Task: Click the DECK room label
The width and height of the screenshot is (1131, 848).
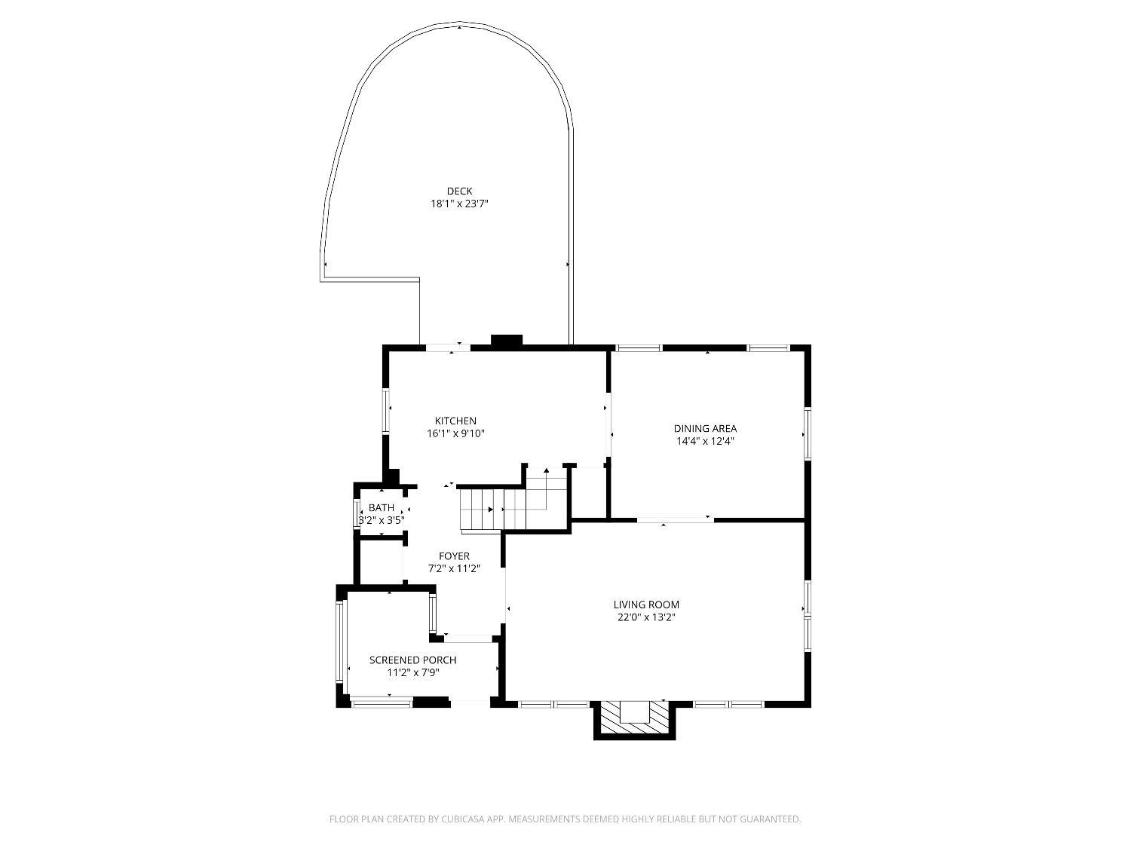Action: tap(459, 191)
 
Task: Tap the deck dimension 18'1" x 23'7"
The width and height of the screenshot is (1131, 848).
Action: tap(459, 204)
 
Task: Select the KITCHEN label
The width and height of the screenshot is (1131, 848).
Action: tap(455, 421)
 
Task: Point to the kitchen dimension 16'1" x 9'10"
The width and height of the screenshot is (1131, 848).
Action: tap(455, 433)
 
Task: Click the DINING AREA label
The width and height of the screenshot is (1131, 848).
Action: tap(705, 429)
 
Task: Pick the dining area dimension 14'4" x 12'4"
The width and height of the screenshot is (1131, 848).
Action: tap(705, 441)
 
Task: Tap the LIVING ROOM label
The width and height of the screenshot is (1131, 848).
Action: tap(646, 605)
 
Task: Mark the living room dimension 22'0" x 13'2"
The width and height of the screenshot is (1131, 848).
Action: tap(646, 617)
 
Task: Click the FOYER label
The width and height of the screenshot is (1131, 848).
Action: tap(454, 556)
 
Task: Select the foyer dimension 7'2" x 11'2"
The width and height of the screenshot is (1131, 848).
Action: tap(454, 568)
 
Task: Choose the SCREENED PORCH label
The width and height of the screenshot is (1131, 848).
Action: tap(412, 660)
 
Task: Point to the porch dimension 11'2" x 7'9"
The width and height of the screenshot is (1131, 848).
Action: tap(412, 672)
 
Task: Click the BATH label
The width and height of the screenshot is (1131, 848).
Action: tap(382, 508)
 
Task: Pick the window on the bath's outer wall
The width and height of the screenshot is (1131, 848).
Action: tap(357, 513)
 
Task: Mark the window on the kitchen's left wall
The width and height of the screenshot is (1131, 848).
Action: tap(386, 411)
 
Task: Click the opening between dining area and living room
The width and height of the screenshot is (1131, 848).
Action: tap(676, 519)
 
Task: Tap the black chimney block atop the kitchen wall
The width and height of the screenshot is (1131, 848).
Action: tap(507, 341)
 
